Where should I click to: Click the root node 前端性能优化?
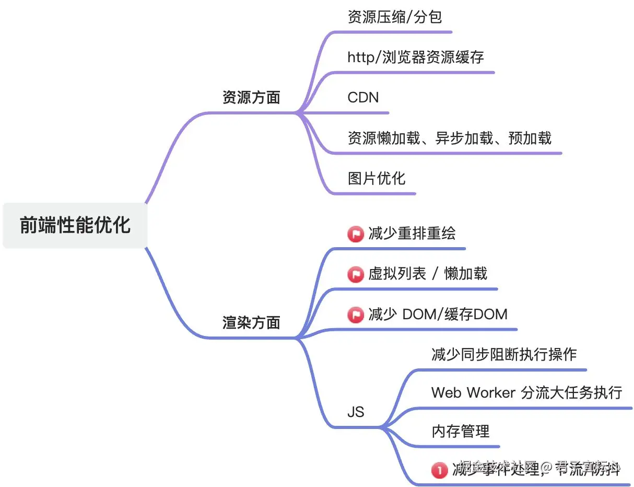pos(75,225)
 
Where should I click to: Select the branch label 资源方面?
pos(251,98)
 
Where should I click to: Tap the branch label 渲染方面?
pos(251,323)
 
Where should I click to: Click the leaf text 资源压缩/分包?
pos(395,17)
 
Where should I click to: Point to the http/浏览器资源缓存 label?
pos(416,57)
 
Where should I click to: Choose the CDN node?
pos(363,98)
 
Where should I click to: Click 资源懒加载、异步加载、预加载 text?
pos(449,138)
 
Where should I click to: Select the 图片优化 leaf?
pos(376,178)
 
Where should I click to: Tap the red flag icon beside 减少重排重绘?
pos(356,234)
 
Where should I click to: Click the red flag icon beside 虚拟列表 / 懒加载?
pos(356,274)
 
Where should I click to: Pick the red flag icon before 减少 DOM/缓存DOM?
pos(356,315)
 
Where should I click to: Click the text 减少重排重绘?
pos(412,233)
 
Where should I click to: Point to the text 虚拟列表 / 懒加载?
pos(428,273)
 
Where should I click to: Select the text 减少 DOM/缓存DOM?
pos(438,314)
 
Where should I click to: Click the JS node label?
pos(356,412)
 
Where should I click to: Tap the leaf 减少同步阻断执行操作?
pos(504,354)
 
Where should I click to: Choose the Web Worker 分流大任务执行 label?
pos(526,392)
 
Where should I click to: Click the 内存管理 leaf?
pos(461,432)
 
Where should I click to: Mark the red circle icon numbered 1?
pos(439,470)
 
